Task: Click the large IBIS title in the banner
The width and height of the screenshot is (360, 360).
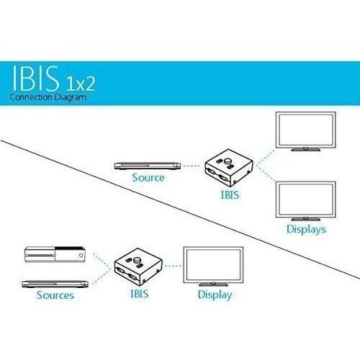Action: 36,78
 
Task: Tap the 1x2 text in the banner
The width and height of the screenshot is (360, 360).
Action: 81,84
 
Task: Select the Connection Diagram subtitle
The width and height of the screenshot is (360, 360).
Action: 48,97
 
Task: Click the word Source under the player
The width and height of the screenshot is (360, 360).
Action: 148,178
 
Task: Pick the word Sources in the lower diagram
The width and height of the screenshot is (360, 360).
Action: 55,295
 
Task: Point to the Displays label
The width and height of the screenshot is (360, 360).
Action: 307,229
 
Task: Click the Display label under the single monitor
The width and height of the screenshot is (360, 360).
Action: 215,295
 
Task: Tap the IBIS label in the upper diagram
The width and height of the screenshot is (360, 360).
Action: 230,194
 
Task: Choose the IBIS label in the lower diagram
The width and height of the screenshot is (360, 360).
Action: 139,294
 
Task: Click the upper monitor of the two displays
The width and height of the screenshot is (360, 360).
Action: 305,131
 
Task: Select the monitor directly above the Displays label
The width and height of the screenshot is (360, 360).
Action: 305,201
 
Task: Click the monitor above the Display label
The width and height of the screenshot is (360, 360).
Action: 213,266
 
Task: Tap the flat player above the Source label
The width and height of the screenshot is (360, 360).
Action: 148,166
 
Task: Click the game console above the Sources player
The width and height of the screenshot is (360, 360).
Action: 55,255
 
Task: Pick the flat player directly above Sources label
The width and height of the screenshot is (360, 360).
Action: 55,284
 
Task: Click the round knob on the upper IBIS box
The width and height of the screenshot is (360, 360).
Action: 228,161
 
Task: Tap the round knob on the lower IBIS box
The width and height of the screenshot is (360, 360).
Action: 138,260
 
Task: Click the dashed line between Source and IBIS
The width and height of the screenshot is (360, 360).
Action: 192,166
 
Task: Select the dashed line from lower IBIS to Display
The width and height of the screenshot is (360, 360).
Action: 173,266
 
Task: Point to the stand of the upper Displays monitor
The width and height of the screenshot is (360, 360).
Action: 305,149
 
